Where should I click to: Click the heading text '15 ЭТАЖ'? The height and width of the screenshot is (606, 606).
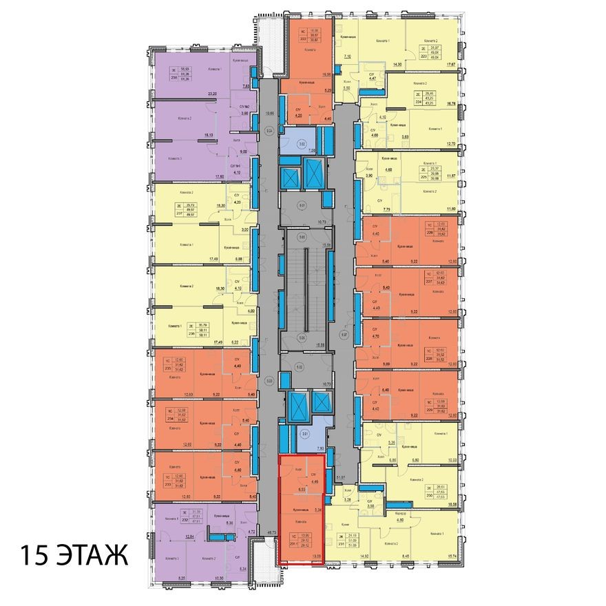pyautogui.click(x=74, y=556)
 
